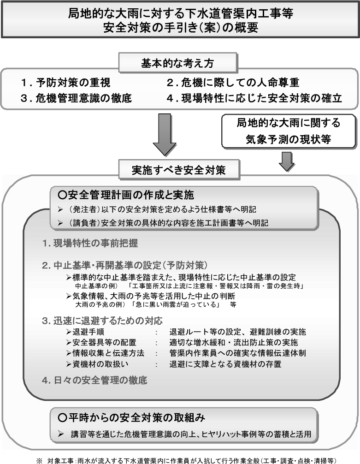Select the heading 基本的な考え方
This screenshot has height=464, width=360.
click(179, 63)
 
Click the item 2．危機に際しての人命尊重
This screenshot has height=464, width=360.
click(233, 83)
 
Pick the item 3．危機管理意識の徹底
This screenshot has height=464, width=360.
click(76, 98)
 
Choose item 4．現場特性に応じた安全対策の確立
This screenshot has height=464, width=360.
click(255, 98)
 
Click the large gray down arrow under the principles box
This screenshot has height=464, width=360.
click(165, 134)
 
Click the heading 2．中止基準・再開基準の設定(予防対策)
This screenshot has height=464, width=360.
click(125, 266)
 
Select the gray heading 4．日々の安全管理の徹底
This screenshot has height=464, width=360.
click(94, 381)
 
